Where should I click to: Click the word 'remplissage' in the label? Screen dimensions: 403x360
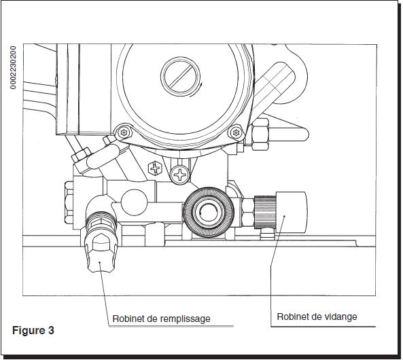point(186,319)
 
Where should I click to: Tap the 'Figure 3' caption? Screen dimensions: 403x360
point(33,330)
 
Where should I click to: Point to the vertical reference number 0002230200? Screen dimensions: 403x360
point(13,67)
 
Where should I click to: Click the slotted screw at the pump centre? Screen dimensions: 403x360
point(180,76)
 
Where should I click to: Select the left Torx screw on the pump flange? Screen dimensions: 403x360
point(124,132)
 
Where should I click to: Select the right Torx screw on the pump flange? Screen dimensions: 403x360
point(236,132)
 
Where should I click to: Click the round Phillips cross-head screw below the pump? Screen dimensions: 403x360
point(180,175)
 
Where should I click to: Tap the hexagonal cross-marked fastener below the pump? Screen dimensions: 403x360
point(155,168)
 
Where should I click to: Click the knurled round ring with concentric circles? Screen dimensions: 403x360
point(209,212)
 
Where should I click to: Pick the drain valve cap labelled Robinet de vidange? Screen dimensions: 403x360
point(291,212)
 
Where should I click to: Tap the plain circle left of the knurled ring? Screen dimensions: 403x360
point(134,202)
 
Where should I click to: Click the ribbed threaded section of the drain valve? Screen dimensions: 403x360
point(265,212)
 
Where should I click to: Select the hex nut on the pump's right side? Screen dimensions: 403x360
point(260,134)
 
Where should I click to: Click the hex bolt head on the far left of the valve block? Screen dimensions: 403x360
point(69,202)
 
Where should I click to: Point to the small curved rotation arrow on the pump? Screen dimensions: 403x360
point(197,90)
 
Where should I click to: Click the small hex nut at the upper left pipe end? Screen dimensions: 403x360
point(81,155)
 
